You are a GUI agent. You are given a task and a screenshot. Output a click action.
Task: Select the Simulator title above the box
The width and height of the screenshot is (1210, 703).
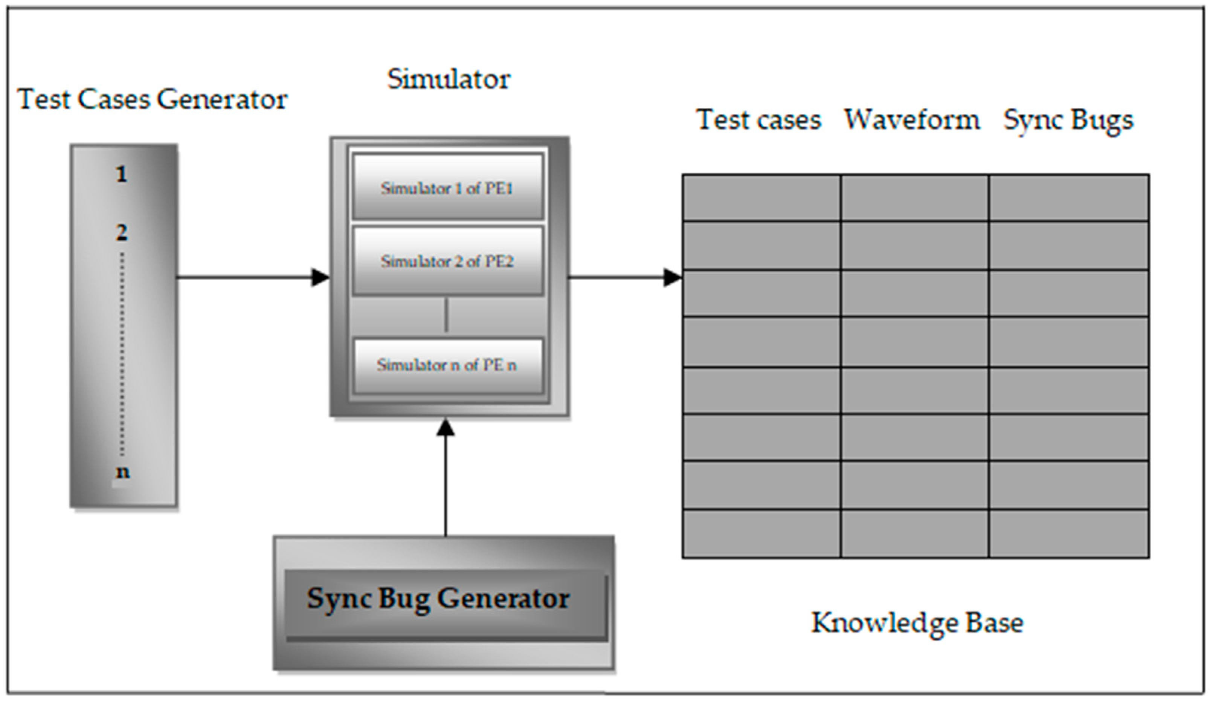(449, 79)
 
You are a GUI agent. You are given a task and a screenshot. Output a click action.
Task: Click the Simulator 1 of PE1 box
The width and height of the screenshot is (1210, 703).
(447, 187)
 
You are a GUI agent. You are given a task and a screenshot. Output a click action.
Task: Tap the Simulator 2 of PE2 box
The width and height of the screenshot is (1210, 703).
(447, 261)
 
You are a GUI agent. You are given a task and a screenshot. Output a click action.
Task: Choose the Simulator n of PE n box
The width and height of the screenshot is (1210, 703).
(447, 365)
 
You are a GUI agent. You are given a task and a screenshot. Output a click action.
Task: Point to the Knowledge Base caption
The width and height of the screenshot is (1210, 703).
(917, 623)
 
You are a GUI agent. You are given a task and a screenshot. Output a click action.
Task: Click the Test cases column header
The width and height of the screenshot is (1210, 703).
(758, 119)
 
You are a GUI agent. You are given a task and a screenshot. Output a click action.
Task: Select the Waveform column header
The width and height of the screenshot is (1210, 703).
(912, 119)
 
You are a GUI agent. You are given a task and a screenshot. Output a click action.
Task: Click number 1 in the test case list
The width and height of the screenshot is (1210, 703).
(122, 174)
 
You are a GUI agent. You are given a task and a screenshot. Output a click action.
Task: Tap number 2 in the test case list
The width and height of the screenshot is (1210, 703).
(122, 233)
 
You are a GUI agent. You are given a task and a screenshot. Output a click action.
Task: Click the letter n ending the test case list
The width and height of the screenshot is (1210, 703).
(122, 472)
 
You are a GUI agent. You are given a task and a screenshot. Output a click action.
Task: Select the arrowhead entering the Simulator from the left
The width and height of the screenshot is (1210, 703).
(320, 277)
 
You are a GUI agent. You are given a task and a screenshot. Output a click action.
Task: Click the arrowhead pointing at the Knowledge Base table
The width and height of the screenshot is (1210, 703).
(672, 277)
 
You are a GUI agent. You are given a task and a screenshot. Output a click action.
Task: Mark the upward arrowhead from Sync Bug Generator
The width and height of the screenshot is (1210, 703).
(446, 427)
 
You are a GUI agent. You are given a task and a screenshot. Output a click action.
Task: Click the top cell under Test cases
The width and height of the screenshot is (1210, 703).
(761, 198)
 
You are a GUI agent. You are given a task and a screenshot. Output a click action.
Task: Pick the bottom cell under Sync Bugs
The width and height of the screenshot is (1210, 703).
(1069, 533)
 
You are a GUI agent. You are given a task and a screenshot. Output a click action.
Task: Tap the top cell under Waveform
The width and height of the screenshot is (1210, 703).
(915, 198)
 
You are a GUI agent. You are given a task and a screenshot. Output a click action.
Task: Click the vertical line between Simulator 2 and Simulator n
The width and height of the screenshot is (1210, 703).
(447, 315)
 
